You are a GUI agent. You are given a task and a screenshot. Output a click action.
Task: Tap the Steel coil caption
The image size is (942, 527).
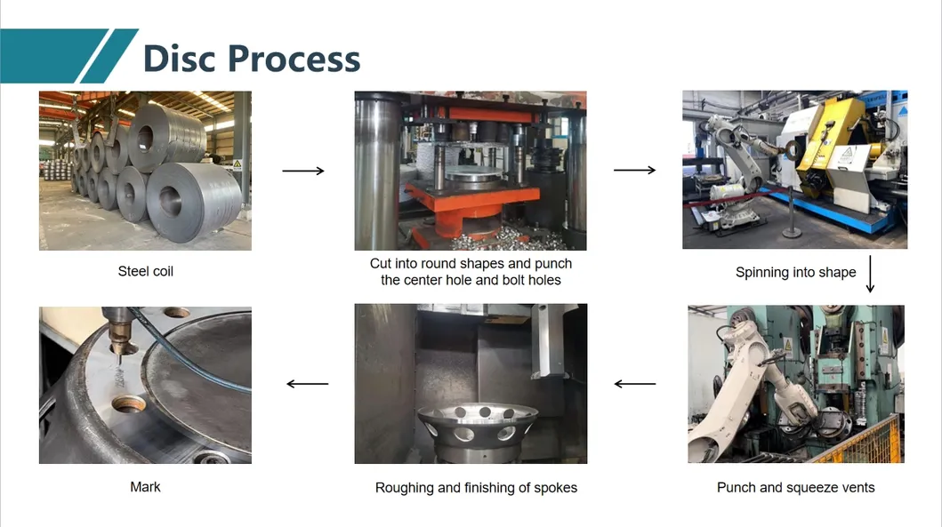coord(145,271)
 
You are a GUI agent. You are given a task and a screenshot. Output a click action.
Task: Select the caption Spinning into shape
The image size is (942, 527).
coord(795,272)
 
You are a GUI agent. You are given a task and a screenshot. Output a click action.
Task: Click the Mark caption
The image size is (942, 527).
coord(145,486)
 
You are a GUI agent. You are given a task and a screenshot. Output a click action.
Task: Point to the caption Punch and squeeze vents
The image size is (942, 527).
coord(795,487)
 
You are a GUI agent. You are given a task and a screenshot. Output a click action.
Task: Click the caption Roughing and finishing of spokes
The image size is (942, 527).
coord(476,487)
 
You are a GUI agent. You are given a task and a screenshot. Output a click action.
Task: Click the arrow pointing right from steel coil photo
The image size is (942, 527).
coord(302,171)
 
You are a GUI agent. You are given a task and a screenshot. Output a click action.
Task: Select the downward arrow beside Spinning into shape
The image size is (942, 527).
coord(870,275)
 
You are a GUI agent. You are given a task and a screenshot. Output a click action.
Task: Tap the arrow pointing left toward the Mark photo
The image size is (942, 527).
coord(308,384)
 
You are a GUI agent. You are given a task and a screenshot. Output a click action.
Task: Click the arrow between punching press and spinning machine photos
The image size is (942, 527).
coord(634,170)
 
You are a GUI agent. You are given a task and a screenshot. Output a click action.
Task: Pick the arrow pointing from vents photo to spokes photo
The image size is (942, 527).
coord(635,384)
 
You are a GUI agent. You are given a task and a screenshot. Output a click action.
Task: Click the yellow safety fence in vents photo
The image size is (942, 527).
coord(858,443)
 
